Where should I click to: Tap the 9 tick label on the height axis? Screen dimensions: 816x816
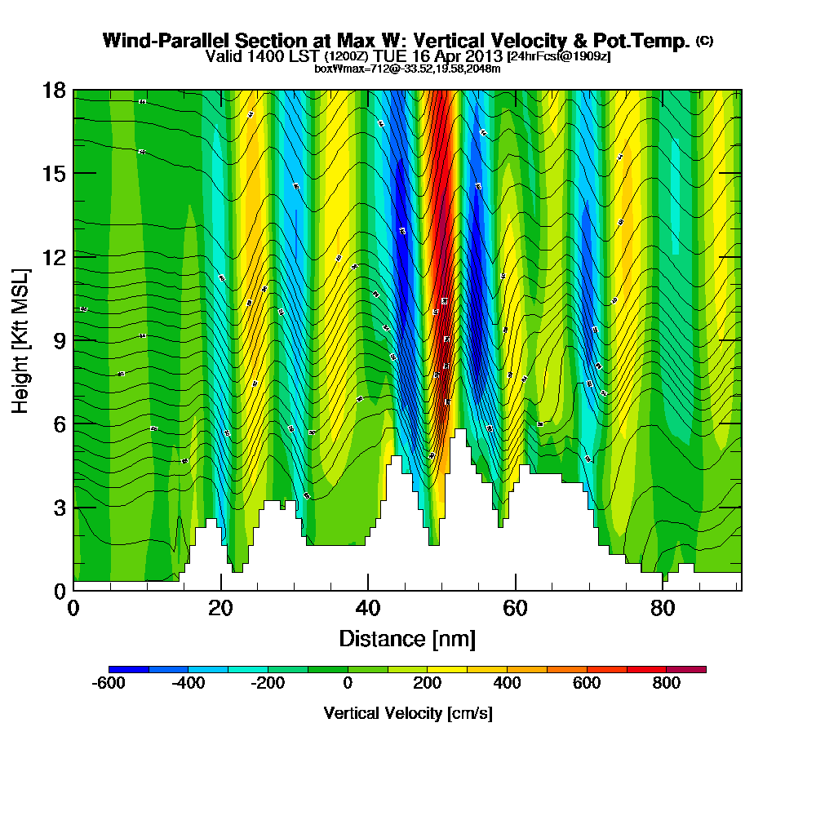point(58,340)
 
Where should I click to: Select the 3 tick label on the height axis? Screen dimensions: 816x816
point(58,508)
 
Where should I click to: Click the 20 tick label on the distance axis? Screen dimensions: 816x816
point(220,609)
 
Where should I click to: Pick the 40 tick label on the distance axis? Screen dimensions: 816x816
point(368,609)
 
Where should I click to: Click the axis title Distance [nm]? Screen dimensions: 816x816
point(407,638)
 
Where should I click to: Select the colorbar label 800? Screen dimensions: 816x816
point(667,684)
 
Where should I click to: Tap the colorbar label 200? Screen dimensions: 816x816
point(428,684)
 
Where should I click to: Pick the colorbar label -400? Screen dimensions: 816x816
point(188,684)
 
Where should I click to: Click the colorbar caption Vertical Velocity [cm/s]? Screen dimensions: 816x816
point(407,713)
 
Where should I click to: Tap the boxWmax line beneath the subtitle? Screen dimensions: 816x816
point(407,68)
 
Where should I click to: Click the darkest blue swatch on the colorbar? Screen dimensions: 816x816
point(129,669)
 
